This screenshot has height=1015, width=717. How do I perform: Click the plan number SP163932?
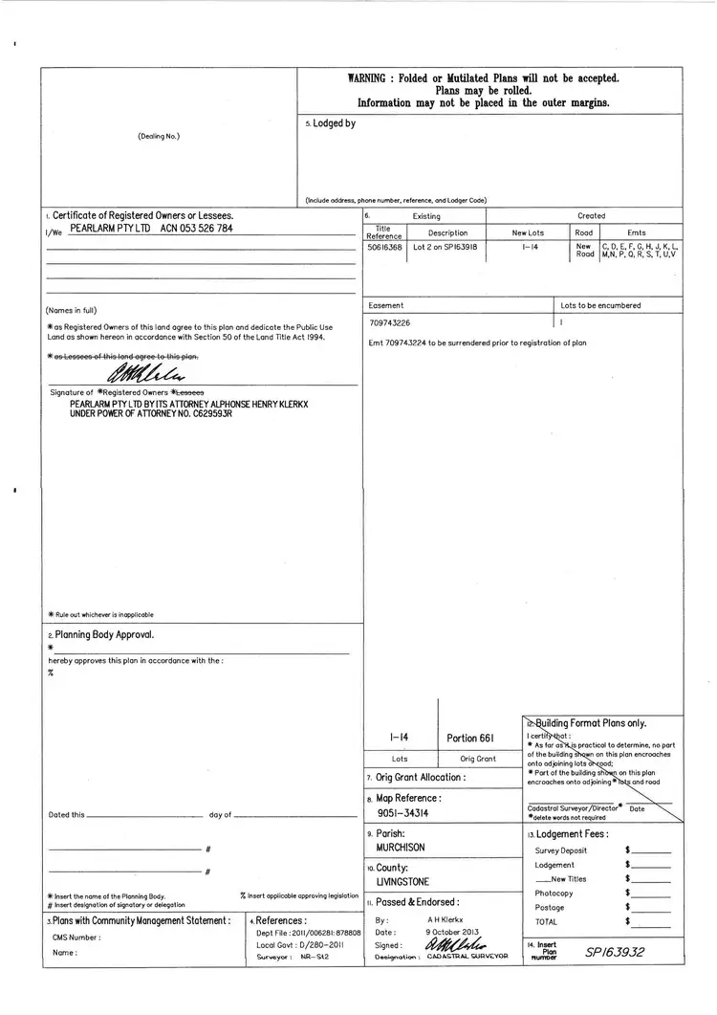(x=616, y=952)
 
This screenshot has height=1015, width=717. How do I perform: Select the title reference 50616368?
(x=384, y=247)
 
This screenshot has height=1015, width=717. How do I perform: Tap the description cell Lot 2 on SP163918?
(x=445, y=247)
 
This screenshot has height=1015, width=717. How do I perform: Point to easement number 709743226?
(x=389, y=323)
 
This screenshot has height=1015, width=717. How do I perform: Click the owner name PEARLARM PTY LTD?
(x=111, y=230)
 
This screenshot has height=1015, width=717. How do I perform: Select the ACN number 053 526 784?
(x=196, y=230)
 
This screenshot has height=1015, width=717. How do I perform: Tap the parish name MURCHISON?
(x=401, y=848)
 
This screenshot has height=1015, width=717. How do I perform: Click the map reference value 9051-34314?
(x=402, y=813)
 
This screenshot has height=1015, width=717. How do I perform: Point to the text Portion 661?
(x=469, y=738)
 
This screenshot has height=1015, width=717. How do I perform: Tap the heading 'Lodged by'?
(x=333, y=123)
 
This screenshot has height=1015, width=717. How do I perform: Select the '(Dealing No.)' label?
(x=159, y=136)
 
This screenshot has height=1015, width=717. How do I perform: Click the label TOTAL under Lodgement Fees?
(x=546, y=921)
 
